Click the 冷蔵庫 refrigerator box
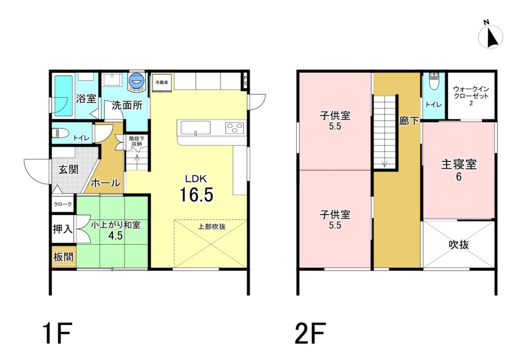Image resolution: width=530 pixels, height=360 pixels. click(x=162, y=82)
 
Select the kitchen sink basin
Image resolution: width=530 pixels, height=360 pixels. click(x=196, y=128)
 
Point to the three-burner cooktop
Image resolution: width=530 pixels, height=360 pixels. click(x=234, y=128)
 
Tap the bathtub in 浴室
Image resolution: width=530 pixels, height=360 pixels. click(x=64, y=96)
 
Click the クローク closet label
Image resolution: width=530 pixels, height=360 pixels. click(x=63, y=204)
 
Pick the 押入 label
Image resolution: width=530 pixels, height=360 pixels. click(x=63, y=229)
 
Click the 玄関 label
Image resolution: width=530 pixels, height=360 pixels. click(x=69, y=169)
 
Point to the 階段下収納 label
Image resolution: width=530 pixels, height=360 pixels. click(x=137, y=141)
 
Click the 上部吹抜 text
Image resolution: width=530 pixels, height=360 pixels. click(x=212, y=227)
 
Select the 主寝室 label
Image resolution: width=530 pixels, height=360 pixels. click(x=459, y=164)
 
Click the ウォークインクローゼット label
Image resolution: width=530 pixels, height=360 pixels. click(x=471, y=93)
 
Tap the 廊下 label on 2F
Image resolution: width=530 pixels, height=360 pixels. click(x=409, y=121)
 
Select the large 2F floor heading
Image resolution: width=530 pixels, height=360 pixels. click(x=311, y=333)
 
